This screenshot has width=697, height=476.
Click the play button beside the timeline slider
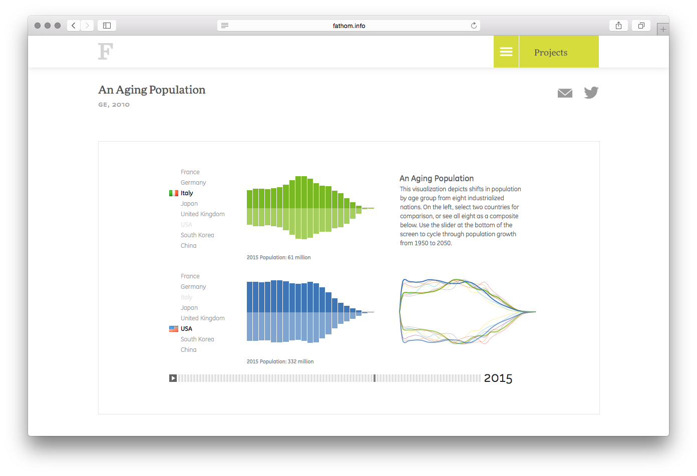tap(173, 378)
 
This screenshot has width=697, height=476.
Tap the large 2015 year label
tap(498, 378)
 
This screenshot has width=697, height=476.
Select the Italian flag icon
tap(174, 193)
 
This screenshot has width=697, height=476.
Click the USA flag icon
tap(174, 329)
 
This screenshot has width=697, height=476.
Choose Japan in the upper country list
tap(189, 204)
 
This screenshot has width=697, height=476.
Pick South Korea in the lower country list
tap(197, 339)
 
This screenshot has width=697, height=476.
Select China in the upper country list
tap(189, 246)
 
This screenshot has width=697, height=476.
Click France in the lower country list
tap(190, 276)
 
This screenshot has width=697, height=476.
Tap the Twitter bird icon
tap(591, 93)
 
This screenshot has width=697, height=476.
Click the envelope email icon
tap(565, 93)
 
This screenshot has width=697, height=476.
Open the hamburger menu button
tap(506, 52)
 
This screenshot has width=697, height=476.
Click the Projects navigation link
tap(551, 53)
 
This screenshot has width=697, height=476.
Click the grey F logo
tap(106, 52)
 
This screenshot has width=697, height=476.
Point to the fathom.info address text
tap(349, 26)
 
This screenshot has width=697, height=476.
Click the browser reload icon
tap(474, 26)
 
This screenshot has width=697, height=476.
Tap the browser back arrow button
tap(74, 26)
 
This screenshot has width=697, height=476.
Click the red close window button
tap(38, 26)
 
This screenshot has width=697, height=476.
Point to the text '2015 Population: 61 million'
tap(278, 257)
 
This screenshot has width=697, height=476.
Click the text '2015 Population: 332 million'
tap(280, 361)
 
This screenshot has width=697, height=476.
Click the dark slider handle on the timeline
tap(375, 378)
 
